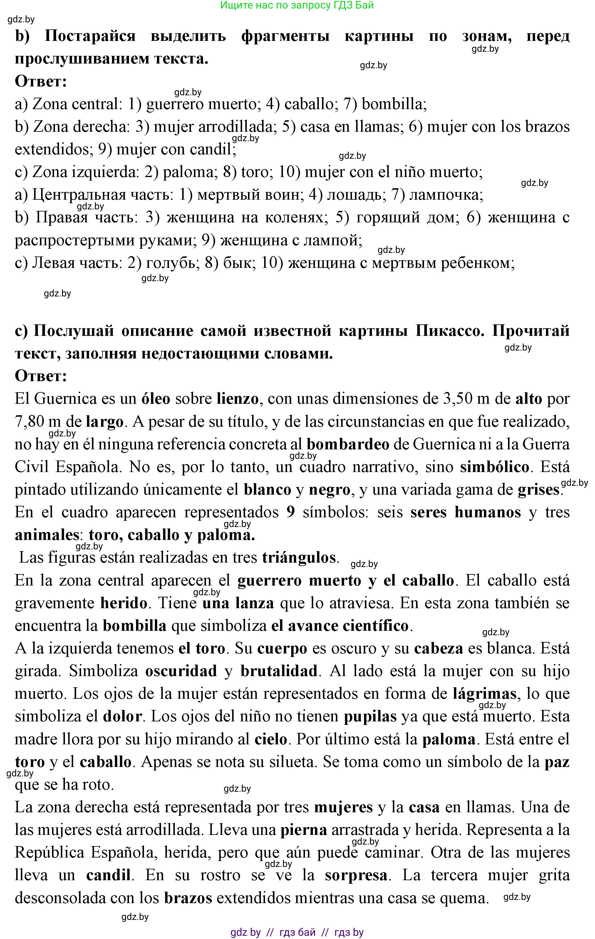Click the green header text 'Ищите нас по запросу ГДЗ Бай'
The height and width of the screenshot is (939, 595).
(297, 6)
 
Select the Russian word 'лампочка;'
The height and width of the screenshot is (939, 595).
(446, 195)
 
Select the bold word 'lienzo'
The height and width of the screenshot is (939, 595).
(237, 399)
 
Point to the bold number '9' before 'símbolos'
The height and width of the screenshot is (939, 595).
(291, 512)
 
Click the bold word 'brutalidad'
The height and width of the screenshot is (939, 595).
(279, 671)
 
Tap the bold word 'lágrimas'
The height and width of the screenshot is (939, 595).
(484, 694)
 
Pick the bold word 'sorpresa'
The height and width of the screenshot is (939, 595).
(356, 875)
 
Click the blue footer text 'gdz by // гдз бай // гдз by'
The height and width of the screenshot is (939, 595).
(297, 932)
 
